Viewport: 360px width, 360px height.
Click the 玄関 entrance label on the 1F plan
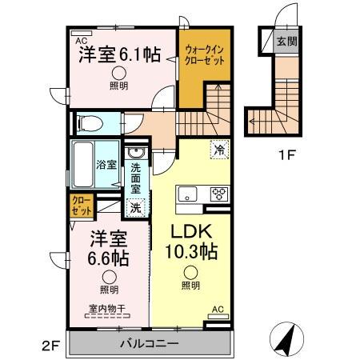point(286,42)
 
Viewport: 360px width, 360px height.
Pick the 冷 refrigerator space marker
point(218,148)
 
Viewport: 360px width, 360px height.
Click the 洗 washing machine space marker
point(136,206)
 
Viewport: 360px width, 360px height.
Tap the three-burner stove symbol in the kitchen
point(218,193)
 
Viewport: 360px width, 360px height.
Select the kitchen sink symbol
point(187,193)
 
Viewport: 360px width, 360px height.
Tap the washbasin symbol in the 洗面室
point(136,154)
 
